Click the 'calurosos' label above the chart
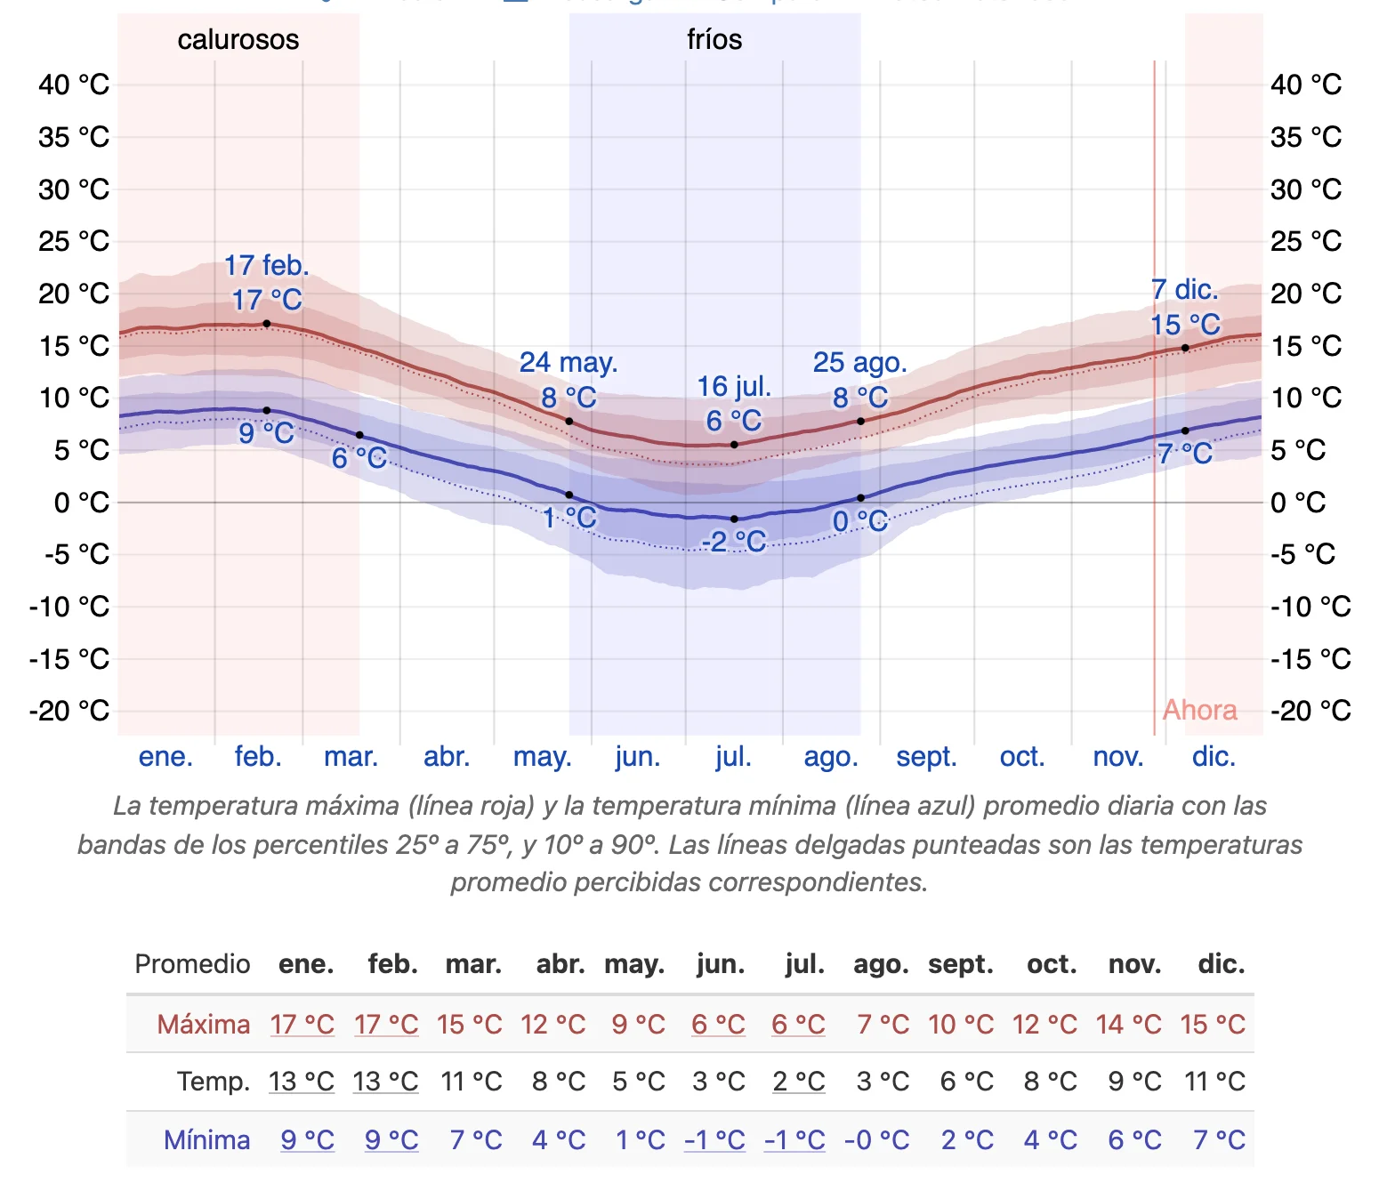[x=238, y=39]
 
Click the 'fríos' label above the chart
[x=714, y=39]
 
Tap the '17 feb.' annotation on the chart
[x=266, y=265]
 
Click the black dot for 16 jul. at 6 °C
[x=734, y=445]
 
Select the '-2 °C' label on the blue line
[x=733, y=541]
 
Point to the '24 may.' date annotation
[x=568, y=362]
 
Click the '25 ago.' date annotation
[x=859, y=362]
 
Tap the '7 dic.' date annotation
[x=1184, y=289]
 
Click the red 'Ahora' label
[x=1199, y=710]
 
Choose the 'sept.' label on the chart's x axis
[x=926, y=757]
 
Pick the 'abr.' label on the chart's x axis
[x=446, y=757]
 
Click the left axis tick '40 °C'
[x=74, y=84]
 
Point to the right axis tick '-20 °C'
[x=1310, y=711]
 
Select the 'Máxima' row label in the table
[x=203, y=1025]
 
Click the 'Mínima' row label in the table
[x=206, y=1140]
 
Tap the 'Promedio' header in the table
[x=192, y=964]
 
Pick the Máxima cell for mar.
[x=470, y=1025]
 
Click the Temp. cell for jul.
[x=798, y=1082]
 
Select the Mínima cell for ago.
[x=876, y=1140]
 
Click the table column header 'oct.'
[x=1051, y=964]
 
